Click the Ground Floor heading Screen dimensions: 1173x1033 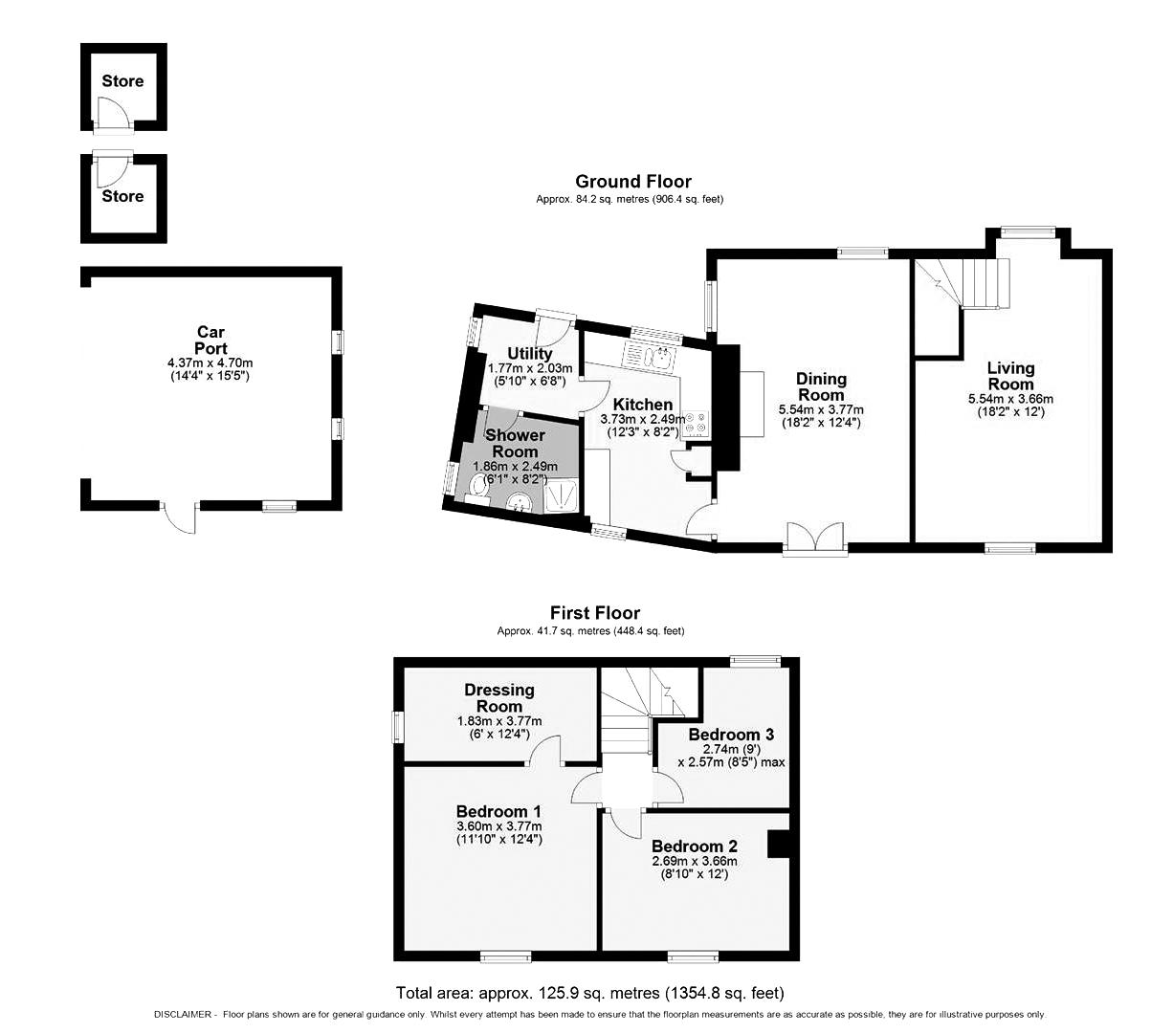pyautogui.click(x=632, y=182)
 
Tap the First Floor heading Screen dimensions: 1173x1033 pyautogui.click(x=594, y=613)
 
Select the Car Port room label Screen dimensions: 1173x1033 pyautogui.click(x=210, y=341)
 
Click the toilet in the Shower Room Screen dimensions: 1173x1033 pyautogui.click(x=477, y=487)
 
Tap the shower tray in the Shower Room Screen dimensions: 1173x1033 pyautogui.click(x=561, y=495)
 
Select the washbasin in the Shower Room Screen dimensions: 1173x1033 pyautogui.click(x=519, y=502)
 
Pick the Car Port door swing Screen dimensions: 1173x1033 pyautogui.click(x=180, y=516)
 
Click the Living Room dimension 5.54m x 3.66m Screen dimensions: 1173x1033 pyautogui.click(x=1010, y=399)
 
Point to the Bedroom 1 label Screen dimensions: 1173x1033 pyautogui.click(x=498, y=811)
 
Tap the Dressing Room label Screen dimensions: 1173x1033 pyautogui.click(x=499, y=698)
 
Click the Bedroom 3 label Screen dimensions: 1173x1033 pyautogui.click(x=731, y=735)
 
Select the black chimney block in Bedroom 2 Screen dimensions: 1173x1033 pyautogui.click(x=779, y=844)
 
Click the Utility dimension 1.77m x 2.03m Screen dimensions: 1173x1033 pyautogui.click(x=530, y=368)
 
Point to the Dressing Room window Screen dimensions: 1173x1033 pyautogui.click(x=398, y=727)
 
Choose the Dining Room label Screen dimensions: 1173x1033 pyautogui.click(x=821, y=387)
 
